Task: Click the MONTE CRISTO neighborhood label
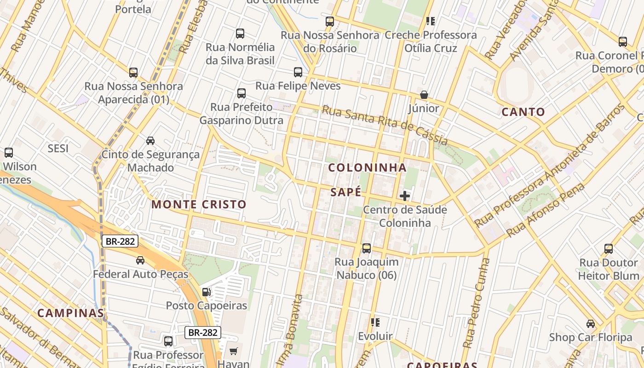199,205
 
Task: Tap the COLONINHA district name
367,168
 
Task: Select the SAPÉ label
346,192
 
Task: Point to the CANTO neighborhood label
523,112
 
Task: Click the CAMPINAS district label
70,313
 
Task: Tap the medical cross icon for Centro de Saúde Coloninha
405,196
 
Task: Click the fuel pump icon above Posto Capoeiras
207,292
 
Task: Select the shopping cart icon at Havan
233,351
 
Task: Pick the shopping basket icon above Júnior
424,95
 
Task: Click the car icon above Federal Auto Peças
140,260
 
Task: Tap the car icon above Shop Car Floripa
591,323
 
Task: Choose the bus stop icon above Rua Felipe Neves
298,72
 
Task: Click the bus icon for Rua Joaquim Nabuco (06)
367,248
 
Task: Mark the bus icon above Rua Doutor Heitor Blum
609,249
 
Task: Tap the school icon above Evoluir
375,322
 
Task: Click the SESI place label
58,148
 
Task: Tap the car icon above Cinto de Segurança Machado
150,140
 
